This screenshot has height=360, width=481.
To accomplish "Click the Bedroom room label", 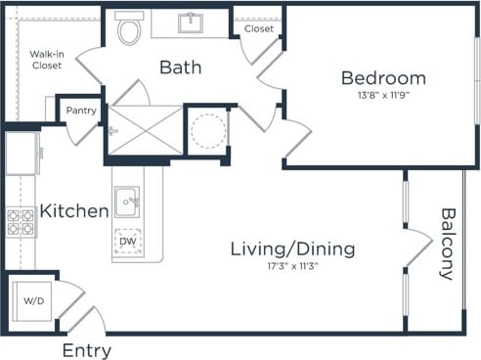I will point(382,78).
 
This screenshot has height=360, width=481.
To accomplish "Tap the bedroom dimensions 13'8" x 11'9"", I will point(382,96).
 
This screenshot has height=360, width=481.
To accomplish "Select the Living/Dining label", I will point(292,248).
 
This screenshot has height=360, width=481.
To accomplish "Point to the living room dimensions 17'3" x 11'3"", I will point(292,266).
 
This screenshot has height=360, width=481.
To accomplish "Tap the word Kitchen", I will point(73,211).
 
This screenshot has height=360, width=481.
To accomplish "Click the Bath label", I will point(181,67).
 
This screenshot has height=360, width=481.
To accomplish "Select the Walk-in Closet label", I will point(45,59).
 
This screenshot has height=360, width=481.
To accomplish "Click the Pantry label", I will point(80,111).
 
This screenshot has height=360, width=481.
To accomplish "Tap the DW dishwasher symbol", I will point(127,241).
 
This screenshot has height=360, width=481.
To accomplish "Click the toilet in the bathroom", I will point(128,30).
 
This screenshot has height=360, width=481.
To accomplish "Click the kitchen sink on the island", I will point(127,203).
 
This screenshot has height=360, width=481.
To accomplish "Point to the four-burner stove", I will point(21,223).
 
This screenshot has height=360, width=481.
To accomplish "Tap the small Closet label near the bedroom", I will point(258,29).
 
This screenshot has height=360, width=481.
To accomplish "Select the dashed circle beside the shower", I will point(206,129).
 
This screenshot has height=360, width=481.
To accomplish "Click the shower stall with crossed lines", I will point(144,129).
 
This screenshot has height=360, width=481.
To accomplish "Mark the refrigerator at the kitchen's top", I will point(22,154).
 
